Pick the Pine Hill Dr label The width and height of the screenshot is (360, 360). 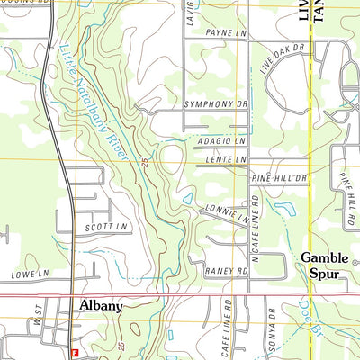[280, 179]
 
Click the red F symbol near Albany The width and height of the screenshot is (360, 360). [76, 352]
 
